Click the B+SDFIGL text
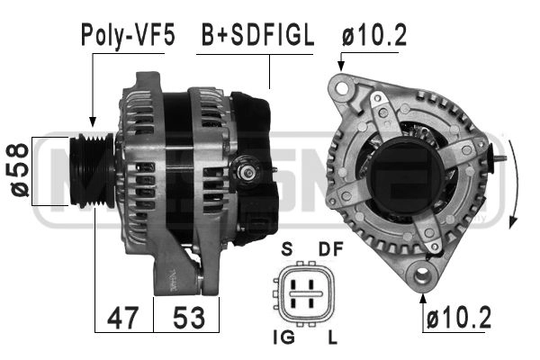click(x=256, y=35)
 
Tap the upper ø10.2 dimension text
click(x=374, y=35)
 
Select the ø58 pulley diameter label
click(x=19, y=172)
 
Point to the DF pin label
click(x=330, y=249)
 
